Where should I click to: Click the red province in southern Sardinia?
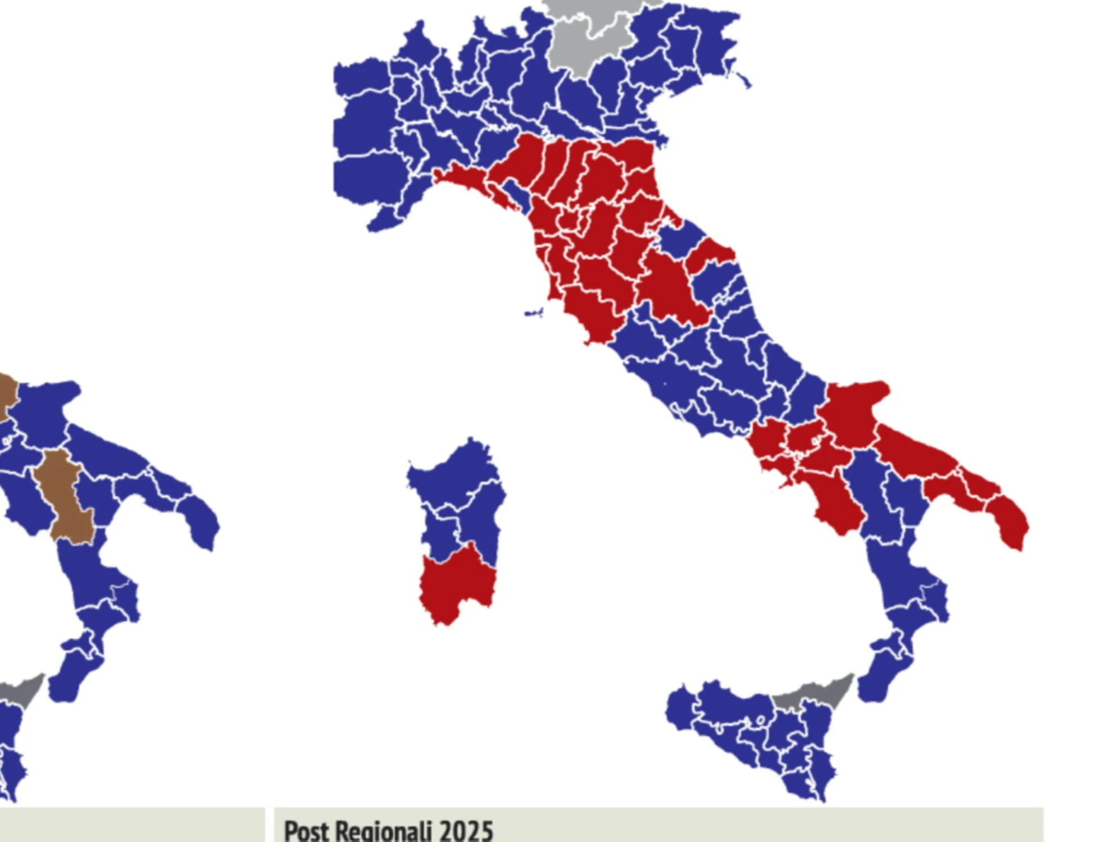coord(456,584)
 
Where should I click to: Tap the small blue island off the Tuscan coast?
coord(534,313)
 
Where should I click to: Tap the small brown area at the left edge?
coord(7,393)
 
